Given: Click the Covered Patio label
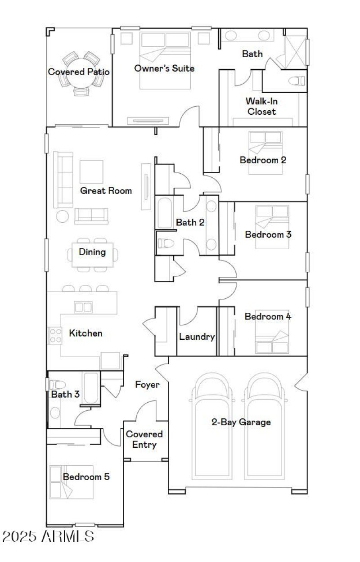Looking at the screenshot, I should point(79,72).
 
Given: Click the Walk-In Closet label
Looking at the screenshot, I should point(261,106).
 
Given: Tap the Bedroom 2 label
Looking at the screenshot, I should point(263,159).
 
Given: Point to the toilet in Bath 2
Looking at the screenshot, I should point(165,243).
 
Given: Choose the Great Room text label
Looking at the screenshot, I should point(106,190).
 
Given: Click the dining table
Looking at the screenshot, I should point(93,255).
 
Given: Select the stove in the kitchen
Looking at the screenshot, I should point(55,335).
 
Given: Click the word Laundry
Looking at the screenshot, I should point(197,337).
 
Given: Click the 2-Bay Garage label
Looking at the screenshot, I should point(241,422).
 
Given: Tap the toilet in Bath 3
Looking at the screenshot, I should point(58,385).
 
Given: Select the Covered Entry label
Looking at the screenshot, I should point(144,439).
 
